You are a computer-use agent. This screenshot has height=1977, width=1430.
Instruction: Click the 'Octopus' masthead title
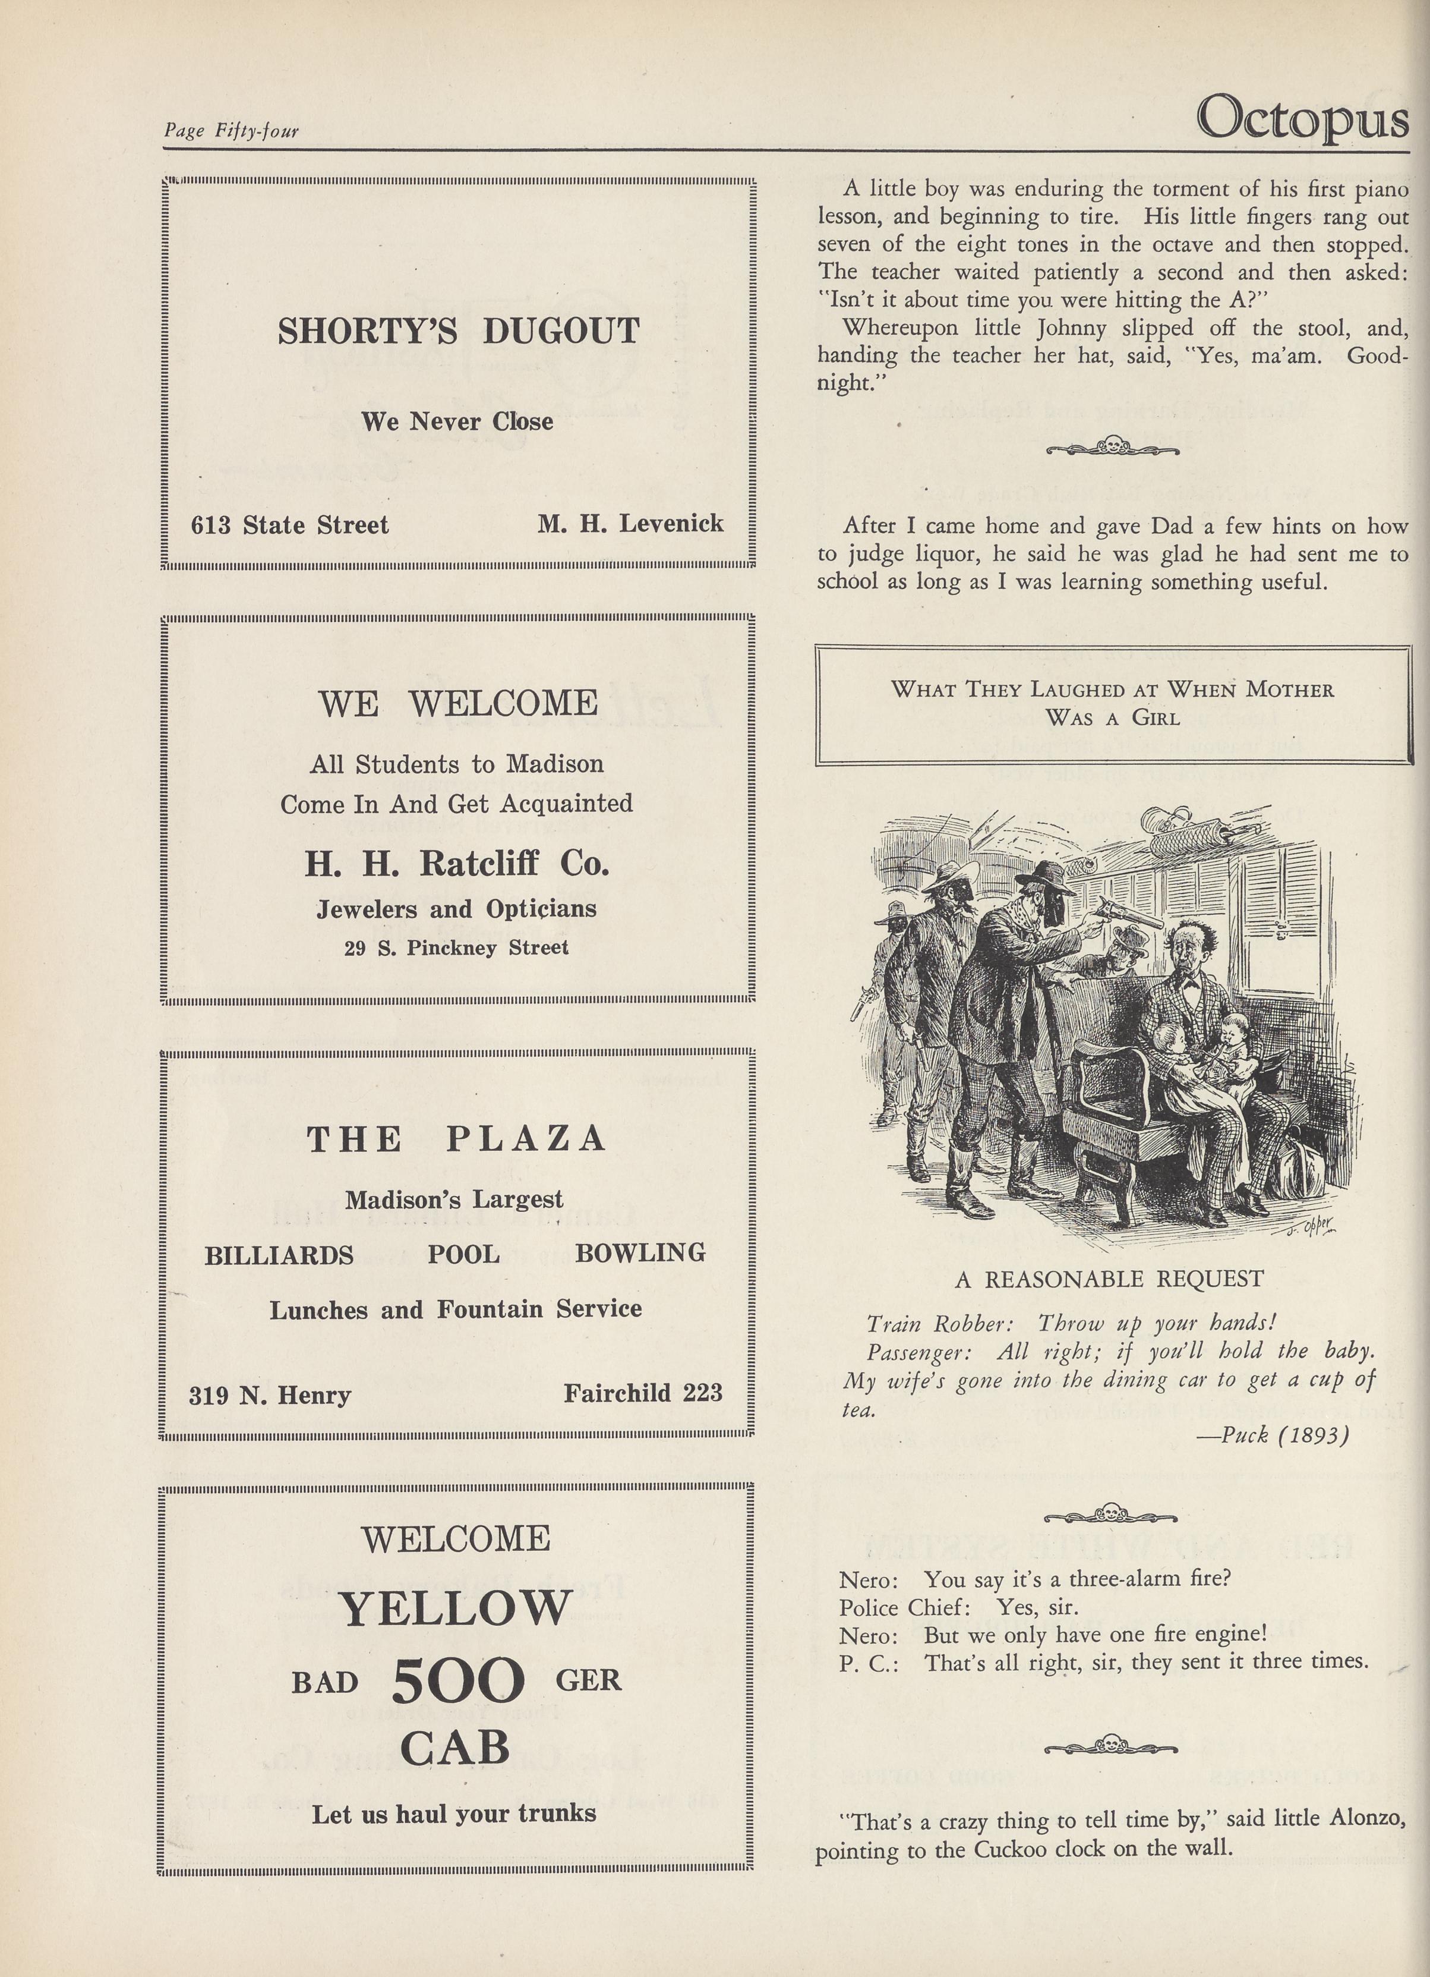click(1302, 118)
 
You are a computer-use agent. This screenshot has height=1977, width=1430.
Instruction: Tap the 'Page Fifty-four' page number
click(231, 131)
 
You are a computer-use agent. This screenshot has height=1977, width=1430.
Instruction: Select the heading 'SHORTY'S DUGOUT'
click(459, 331)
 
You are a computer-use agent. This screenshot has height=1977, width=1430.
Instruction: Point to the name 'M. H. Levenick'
click(630, 523)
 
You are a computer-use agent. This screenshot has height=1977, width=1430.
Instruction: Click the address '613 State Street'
click(289, 525)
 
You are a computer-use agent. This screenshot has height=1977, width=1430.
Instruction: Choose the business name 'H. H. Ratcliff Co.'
click(457, 863)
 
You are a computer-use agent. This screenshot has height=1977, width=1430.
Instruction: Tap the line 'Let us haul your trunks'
click(454, 1814)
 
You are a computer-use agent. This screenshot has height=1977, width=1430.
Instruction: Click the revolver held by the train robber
click(1131, 911)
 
